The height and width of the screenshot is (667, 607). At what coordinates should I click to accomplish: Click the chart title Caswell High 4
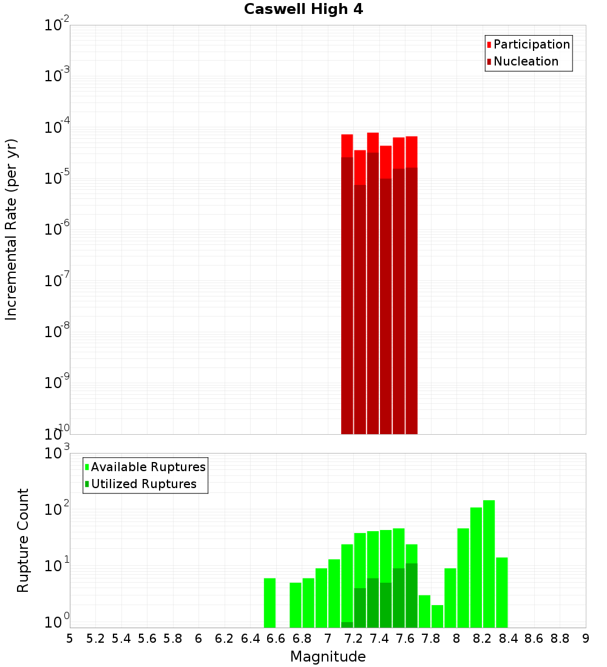tap(303, 10)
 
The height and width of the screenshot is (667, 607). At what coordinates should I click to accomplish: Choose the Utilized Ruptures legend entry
tap(143, 484)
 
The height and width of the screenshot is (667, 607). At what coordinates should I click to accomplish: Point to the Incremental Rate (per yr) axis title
tap(12, 229)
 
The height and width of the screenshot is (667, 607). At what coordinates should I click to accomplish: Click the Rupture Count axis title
tap(23, 540)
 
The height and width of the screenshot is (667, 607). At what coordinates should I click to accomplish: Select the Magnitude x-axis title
tap(328, 657)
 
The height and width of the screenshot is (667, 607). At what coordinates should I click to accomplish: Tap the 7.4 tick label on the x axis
tap(379, 639)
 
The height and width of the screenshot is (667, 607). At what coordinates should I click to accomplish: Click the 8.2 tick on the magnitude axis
tap(483, 639)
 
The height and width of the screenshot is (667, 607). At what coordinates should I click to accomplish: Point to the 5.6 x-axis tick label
tap(148, 639)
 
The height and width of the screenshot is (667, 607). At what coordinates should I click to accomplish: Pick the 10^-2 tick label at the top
tap(57, 25)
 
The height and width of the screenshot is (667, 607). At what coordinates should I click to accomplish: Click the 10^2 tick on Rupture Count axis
tap(57, 509)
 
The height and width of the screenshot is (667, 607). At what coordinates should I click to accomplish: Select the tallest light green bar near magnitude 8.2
tap(489, 564)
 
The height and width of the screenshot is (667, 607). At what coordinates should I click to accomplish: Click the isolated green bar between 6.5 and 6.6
tap(270, 603)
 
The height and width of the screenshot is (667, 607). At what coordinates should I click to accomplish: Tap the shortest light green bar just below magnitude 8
tap(438, 615)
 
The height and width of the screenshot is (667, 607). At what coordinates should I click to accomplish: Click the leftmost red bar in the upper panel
tap(347, 285)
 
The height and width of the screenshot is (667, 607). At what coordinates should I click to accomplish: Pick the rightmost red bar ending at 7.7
tap(412, 285)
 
